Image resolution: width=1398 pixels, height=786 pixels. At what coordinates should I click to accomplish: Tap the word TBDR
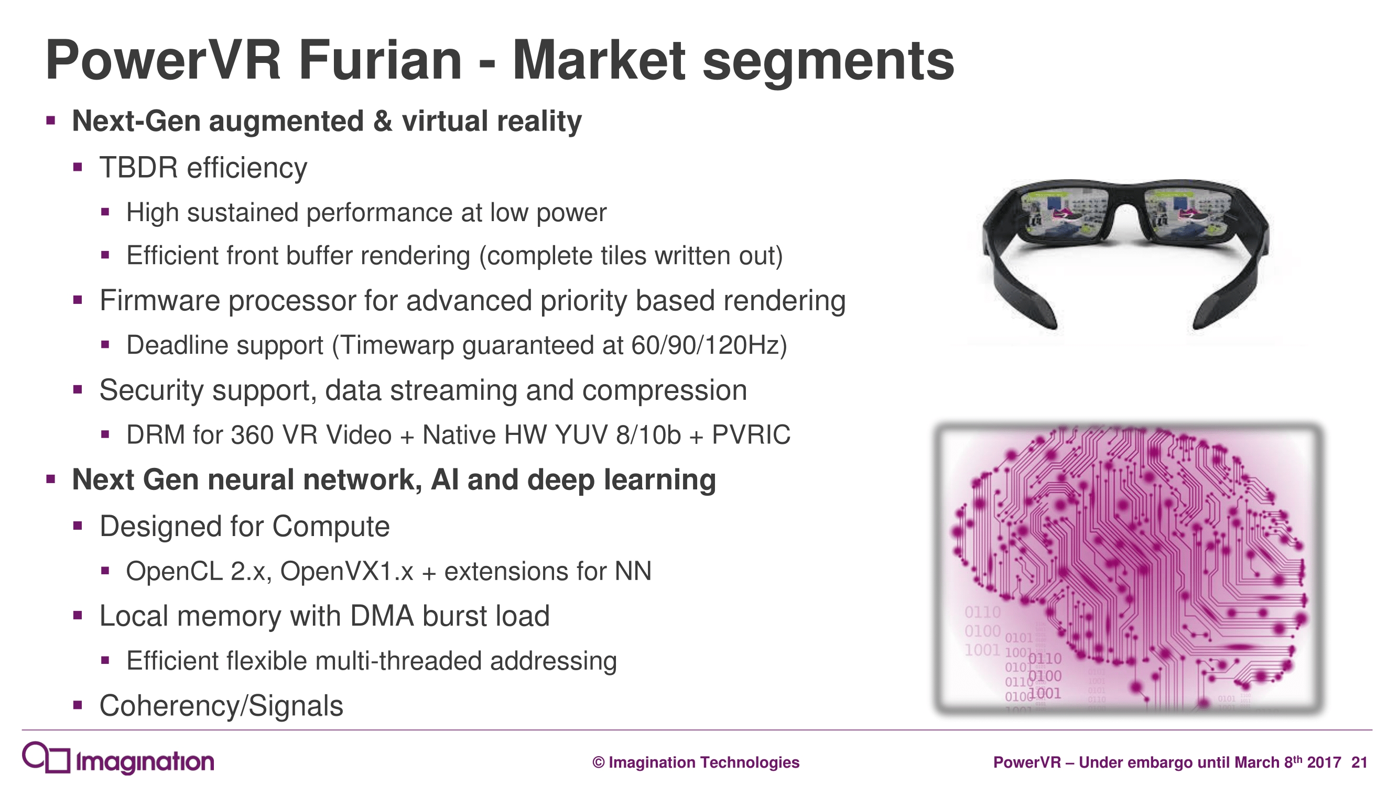click(138, 167)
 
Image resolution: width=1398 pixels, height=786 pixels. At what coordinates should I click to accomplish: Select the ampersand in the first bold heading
click(383, 121)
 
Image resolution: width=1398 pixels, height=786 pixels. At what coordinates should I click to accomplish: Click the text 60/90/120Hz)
click(709, 345)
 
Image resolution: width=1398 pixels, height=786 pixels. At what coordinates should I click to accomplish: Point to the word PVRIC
click(751, 435)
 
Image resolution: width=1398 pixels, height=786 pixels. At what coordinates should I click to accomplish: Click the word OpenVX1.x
click(346, 571)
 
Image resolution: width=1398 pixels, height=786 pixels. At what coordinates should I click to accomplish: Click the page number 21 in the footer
click(1359, 762)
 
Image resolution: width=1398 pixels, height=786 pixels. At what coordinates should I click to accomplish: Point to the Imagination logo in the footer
click(118, 758)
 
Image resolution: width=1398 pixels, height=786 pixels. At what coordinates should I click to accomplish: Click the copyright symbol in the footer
click(598, 762)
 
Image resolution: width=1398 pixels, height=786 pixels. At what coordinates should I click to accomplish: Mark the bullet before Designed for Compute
click(78, 525)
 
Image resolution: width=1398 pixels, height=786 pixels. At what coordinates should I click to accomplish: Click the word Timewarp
click(397, 345)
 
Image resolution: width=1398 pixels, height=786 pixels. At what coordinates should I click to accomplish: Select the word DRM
click(154, 435)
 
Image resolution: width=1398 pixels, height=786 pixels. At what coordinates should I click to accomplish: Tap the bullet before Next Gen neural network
click(51, 479)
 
